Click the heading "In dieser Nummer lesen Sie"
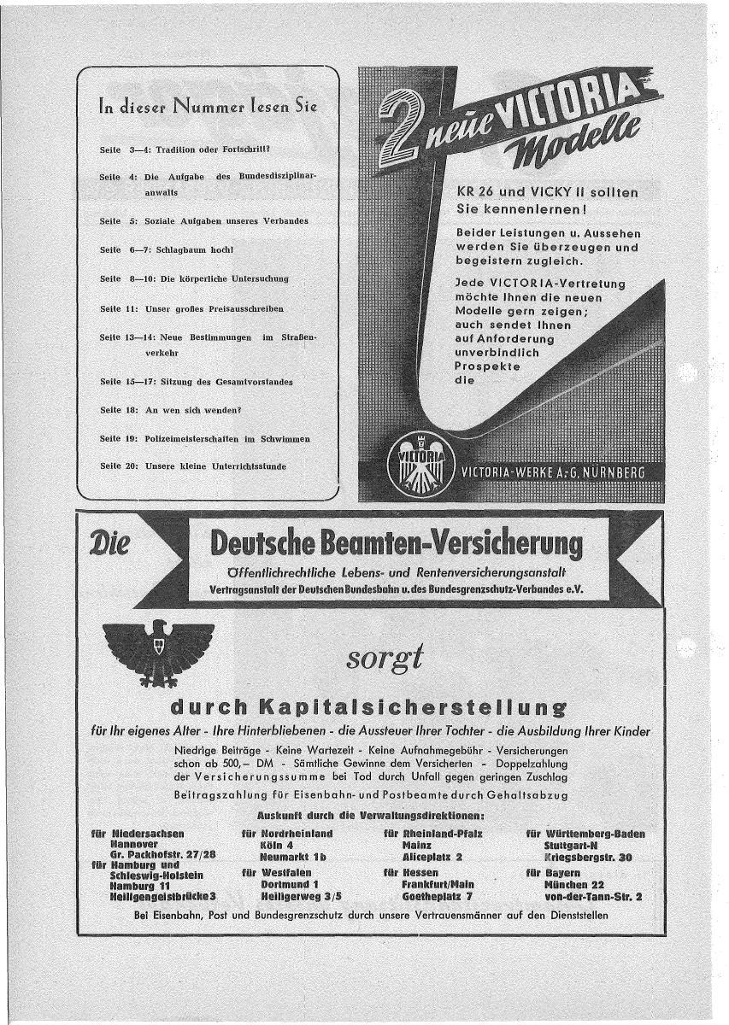click(208, 107)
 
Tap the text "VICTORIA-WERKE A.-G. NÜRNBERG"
click(552, 472)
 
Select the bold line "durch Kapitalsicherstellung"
click(368, 706)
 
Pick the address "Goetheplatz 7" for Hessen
click(438, 897)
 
